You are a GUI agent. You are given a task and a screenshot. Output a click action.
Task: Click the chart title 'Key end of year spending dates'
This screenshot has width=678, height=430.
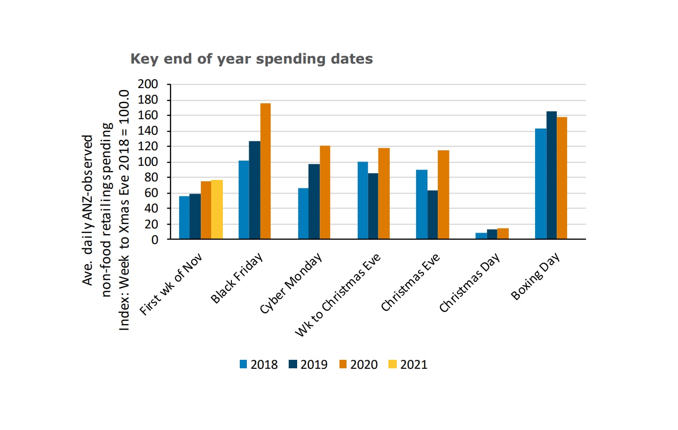click(x=252, y=59)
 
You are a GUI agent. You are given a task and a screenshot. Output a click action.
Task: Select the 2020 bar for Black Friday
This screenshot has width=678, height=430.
click(x=265, y=171)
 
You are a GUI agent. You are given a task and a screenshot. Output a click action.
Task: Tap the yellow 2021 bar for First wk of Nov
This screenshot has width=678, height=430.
click(x=217, y=210)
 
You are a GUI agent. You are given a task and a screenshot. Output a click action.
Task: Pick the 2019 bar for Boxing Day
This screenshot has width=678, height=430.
click(x=552, y=175)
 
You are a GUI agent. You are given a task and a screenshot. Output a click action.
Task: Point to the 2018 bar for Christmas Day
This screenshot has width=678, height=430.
click(x=481, y=236)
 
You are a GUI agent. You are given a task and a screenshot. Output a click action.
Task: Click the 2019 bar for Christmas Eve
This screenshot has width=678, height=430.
click(x=433, y=215)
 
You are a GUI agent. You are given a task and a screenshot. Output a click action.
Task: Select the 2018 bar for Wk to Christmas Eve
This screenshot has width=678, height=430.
click(x=363, y=201)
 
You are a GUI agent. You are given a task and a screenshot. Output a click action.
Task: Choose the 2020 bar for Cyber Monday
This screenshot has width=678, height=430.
click(x=325, y=193)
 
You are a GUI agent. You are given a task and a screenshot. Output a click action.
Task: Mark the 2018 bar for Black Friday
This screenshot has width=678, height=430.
click(x=244, y=200)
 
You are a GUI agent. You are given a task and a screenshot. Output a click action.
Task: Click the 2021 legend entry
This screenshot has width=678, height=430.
click(x=408, y=365)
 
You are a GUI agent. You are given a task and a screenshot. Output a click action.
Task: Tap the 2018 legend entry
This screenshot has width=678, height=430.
click(x=259, y=365)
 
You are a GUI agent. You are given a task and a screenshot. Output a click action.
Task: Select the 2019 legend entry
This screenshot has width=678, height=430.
click(x=308, y=365)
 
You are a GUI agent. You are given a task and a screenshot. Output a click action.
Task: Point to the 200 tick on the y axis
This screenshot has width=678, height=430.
click(x=148, y=84)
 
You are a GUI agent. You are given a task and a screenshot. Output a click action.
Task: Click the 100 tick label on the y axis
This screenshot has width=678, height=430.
click(x=148, y=162)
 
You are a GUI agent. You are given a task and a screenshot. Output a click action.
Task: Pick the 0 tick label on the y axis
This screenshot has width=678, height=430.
click(x=155, y=240)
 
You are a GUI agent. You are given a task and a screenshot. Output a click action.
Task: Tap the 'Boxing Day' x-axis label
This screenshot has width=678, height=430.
click(x=536, y=276)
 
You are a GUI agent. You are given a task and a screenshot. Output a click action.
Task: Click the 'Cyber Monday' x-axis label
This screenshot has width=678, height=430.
click(x=291, y=284)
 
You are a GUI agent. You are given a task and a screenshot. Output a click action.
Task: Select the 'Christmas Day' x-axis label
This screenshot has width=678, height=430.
click(x=469, y=283)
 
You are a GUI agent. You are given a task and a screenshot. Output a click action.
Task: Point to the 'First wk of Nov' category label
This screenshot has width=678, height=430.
click(x=171, y=284)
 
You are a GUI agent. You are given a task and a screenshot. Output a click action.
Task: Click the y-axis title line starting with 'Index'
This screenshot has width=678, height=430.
click(x=124, y=210)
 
